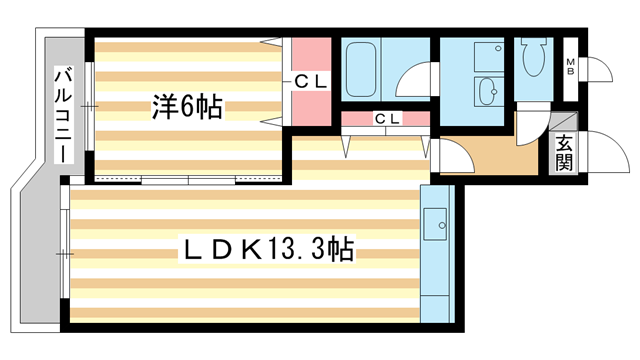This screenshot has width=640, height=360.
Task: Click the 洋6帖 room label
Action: [x=187, y=104]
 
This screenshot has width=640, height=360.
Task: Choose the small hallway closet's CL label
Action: [x=387, y=118]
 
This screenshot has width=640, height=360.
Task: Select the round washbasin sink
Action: [x=489, y=93]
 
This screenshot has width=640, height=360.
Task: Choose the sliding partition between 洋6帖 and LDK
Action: [x=190, y=181]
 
